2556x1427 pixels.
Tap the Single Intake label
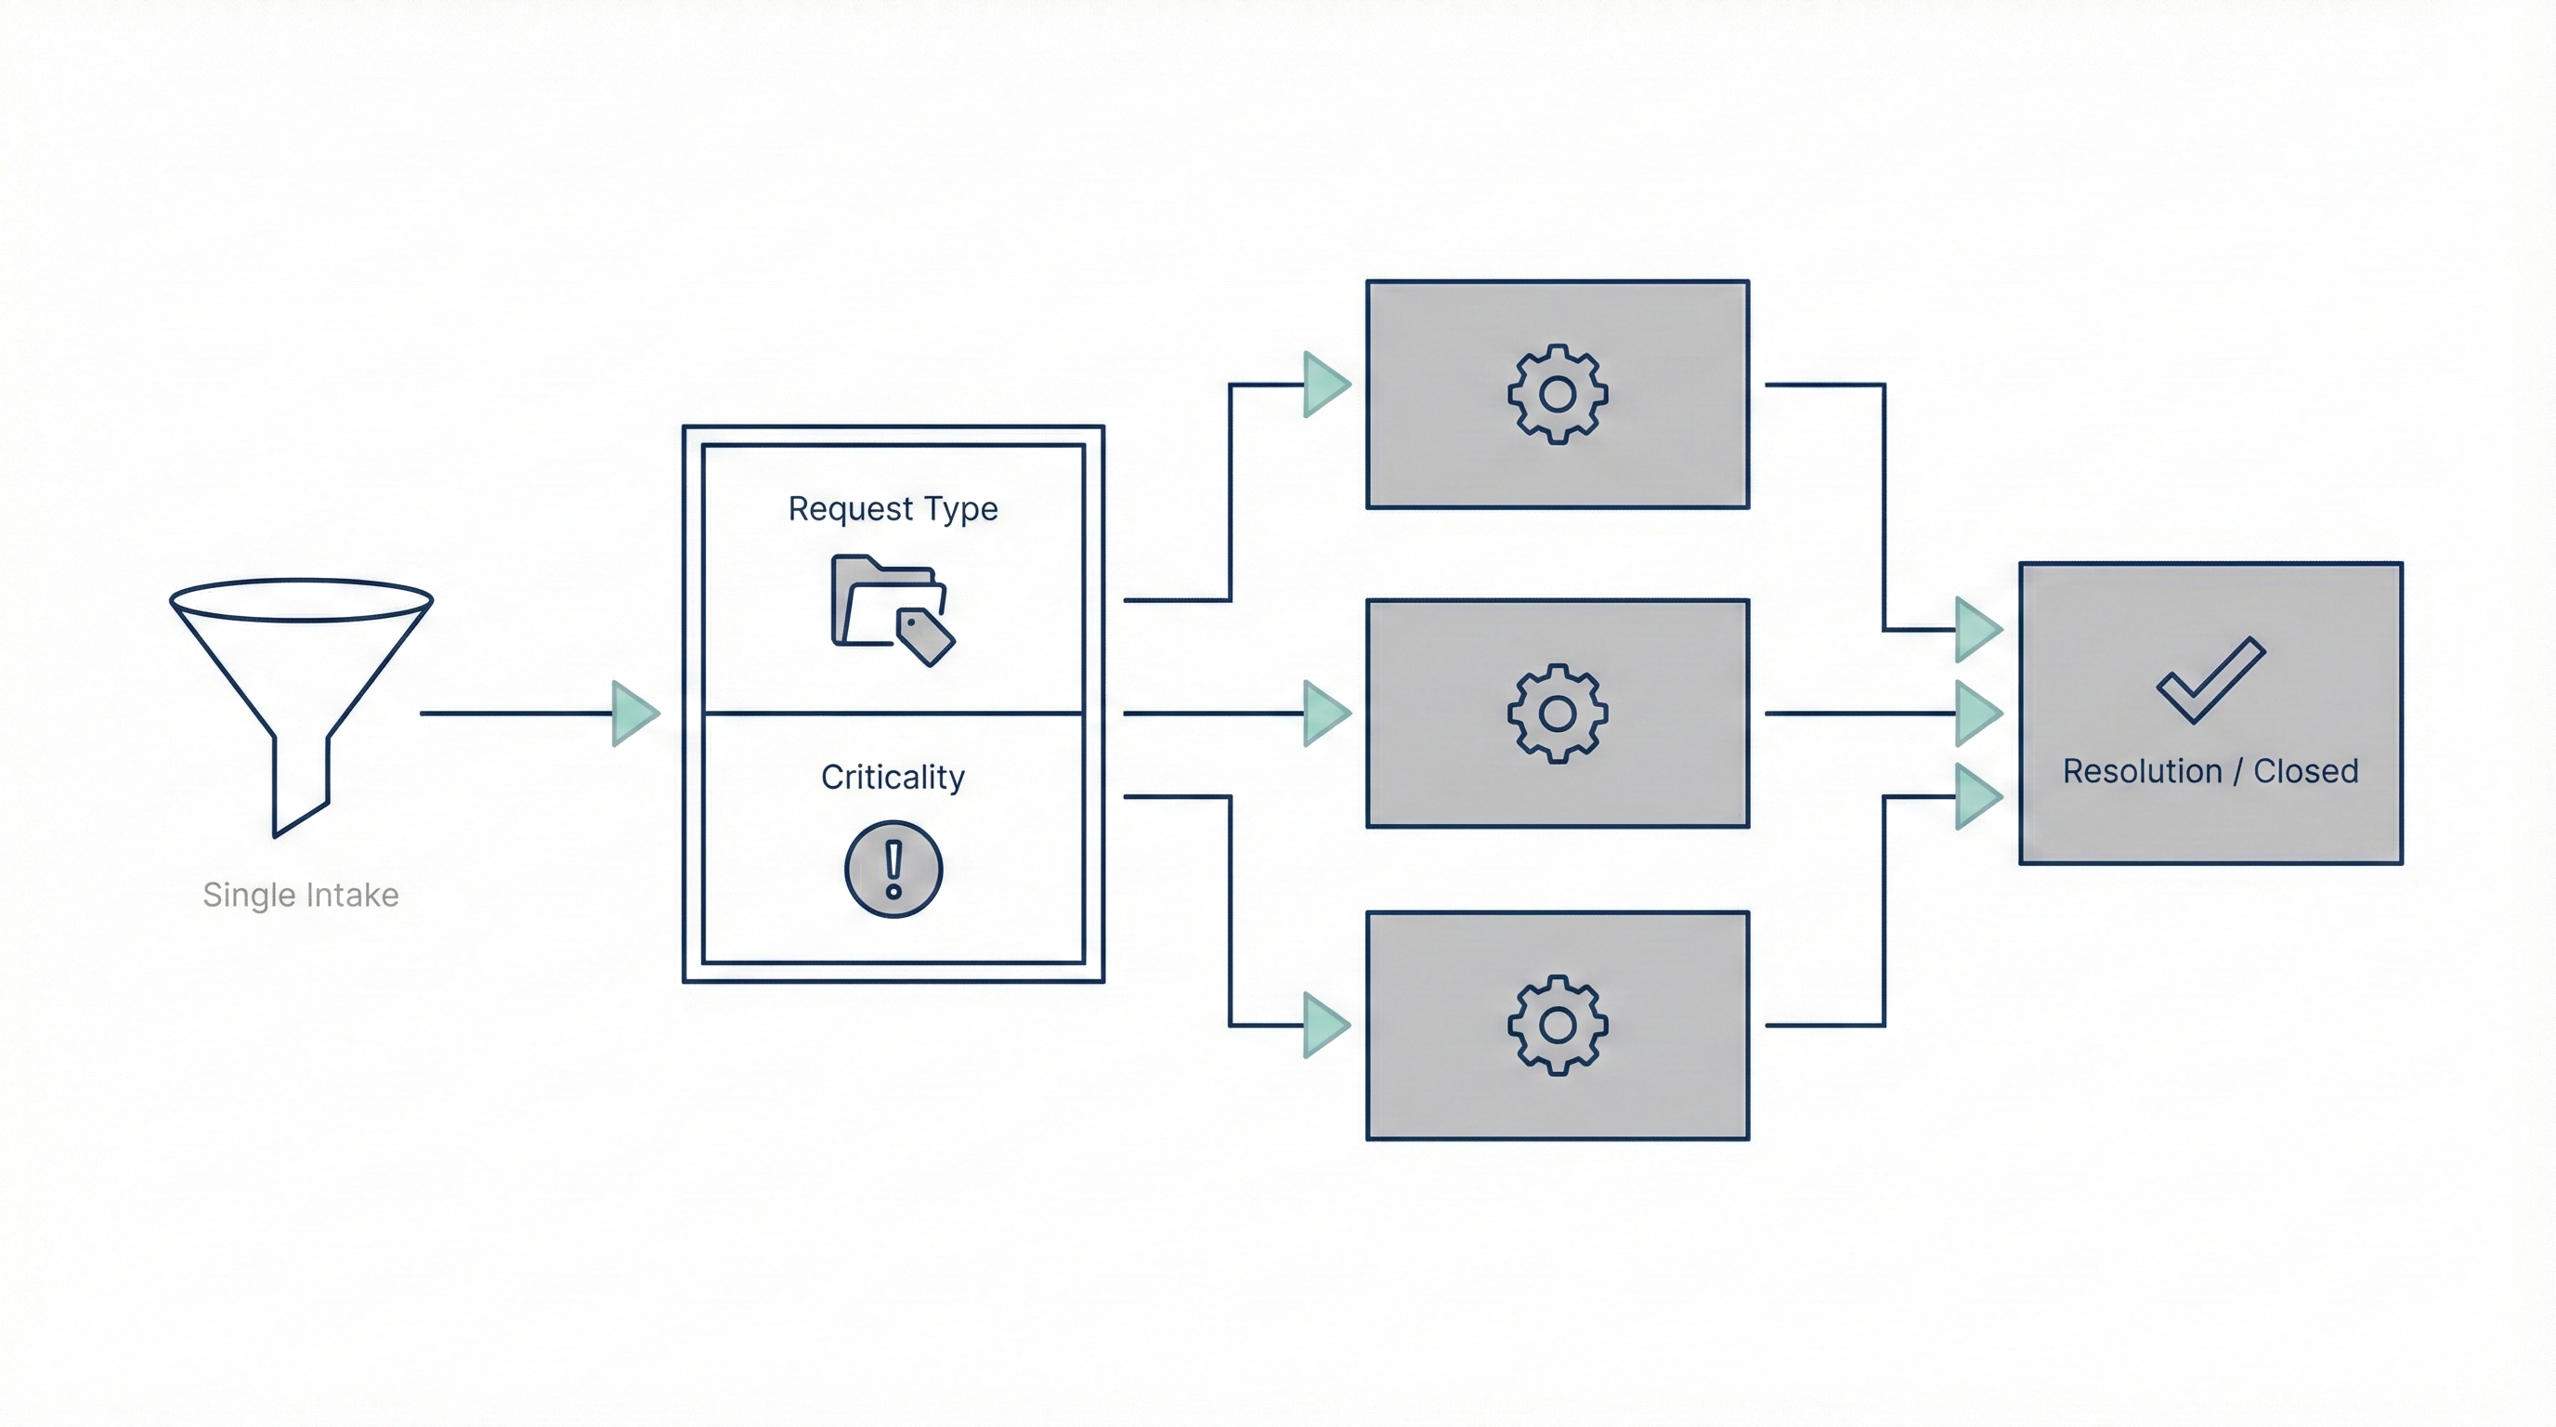(301, 895)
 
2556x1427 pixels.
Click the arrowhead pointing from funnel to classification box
(634, 713)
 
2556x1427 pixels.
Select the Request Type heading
(893, 508)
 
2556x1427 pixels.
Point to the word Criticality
(893, 777)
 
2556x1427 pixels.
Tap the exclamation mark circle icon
(893, 870)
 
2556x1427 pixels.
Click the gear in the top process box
(1557, 394)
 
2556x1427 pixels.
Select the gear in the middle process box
(1557, 713)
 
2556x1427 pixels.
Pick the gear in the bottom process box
(1557, 1025)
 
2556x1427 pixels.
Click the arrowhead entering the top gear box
(1325, 384)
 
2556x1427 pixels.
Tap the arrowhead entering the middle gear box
(1325, 713)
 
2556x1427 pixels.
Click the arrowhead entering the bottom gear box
(1325, 1025)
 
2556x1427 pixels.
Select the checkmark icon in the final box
(2210, 680)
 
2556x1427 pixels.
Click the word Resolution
(2141, 771)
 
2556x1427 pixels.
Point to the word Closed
(2305, 771)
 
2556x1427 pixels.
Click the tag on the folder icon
(925, 636)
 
